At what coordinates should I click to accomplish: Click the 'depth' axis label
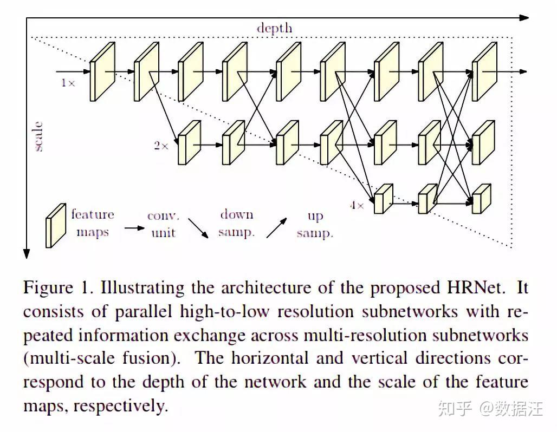pyautogui.click(x=274, y=28)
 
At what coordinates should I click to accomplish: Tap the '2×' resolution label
pyautogui.click(x=161, y=146)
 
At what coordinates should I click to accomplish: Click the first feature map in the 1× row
pyautogui.click(x=102, y=71)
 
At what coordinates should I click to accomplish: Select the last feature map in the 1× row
pyautogui.click(x=483, y=71)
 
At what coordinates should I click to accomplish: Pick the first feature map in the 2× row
pyautogui.click(x=189, y=142)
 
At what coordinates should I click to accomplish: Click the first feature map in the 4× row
pyautogui.click(x=384, y=199)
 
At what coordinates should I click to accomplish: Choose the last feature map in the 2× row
pyautogui.click(x=483, y=142)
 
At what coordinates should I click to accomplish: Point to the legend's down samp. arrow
pyautogui.click(x=198, y=228)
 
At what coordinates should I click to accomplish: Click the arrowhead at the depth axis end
pyautogui.click(x=524, y=17)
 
